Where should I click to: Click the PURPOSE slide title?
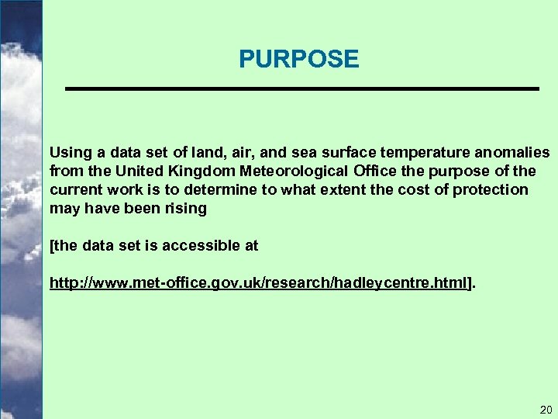click(298, 59)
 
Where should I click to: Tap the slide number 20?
click(545, 409)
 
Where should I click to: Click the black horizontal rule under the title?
click(301, 90)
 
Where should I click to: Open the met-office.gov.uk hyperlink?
click(260, 284)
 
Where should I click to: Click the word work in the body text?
click(121, 189)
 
